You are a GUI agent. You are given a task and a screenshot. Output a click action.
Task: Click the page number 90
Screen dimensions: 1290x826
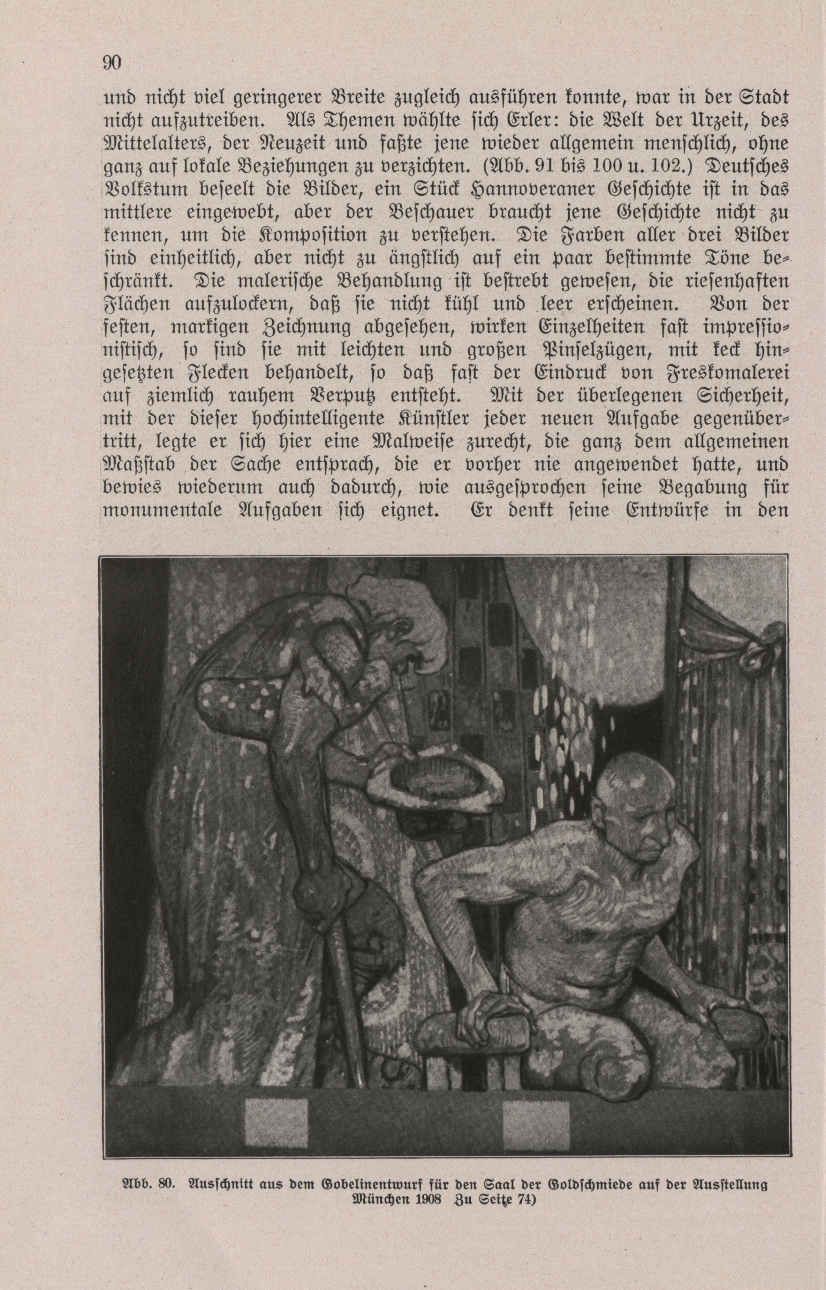[x=112, y=63]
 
